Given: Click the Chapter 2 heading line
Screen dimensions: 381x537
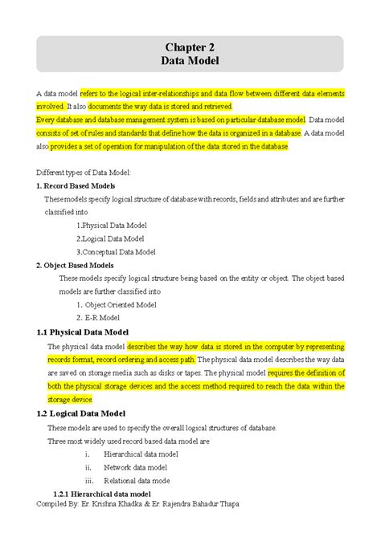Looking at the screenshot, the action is tap(190, 47).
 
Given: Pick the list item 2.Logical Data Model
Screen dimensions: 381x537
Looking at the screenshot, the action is tap(110, 238).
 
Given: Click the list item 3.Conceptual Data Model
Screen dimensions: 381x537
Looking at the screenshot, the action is tap(115, 251).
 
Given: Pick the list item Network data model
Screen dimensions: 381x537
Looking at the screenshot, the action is tap(135, 467).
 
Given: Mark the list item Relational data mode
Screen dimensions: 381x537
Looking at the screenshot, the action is tap(137, 480).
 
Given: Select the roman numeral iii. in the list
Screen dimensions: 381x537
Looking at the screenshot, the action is tap(89, 480).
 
